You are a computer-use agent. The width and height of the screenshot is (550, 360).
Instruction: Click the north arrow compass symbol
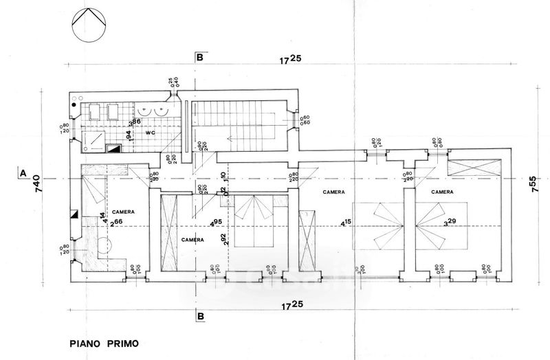tap(89, 25)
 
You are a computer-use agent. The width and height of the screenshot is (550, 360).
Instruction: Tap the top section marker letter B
tap(199, 58)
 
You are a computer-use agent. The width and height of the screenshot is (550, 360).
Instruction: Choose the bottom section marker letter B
tap(200, 317)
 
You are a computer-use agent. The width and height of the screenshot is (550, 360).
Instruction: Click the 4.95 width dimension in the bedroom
tap(217, 222)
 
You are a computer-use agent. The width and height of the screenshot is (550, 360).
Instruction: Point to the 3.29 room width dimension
tap(450, 222)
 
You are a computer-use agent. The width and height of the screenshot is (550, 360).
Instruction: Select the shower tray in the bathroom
tap(95, 141)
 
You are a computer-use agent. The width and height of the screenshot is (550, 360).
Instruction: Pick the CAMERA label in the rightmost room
tap(443, 192)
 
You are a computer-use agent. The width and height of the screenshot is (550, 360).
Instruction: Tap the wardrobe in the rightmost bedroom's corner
tap(472, 168)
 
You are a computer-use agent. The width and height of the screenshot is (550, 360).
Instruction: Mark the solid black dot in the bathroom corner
tap(75, 106)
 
